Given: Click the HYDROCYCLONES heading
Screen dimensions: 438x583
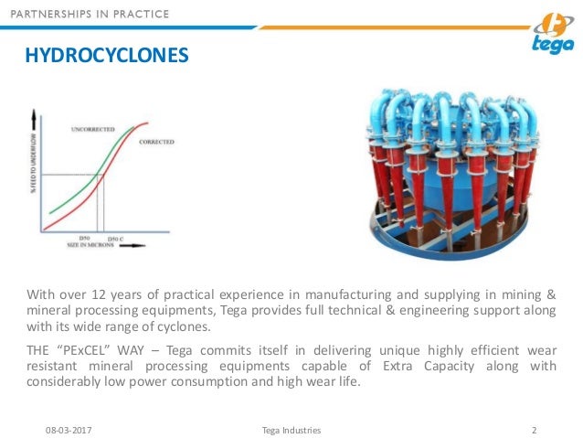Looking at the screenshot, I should tap(106, 58).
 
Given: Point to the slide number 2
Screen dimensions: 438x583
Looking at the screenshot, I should tap(534, 427).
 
